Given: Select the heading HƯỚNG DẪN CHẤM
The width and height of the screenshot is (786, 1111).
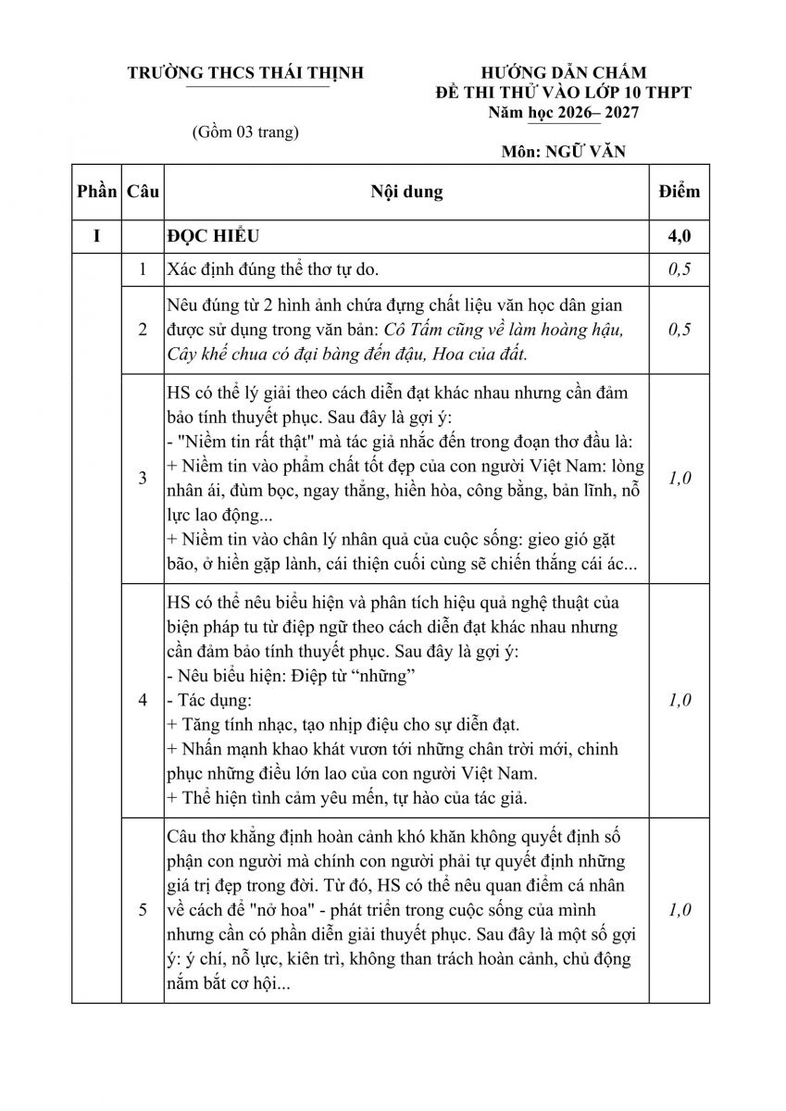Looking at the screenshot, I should click(x=564, y=73).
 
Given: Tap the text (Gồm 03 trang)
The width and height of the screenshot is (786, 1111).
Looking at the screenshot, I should click(x=244, y=131).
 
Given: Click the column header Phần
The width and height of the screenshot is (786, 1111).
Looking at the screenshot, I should click(x=97, y=192).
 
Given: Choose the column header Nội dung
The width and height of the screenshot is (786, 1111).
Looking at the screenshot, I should click(x=406, y=192).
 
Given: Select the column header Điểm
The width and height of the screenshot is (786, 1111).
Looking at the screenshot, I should click(x=680, y=192).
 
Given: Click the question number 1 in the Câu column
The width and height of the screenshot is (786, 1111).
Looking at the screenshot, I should click(x=143, y=269).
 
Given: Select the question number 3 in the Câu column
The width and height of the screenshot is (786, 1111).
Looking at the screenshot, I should click(x=143, y=478).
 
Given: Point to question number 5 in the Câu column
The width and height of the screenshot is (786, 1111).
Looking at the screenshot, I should click(x=143, y=910).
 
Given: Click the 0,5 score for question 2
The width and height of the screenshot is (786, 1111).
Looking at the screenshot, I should click(x=680, y=330).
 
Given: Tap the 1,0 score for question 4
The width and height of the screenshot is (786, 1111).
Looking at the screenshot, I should click(x=680, y=700).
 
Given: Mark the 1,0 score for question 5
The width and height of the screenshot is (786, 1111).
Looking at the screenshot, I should click(x=680, y=910).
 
